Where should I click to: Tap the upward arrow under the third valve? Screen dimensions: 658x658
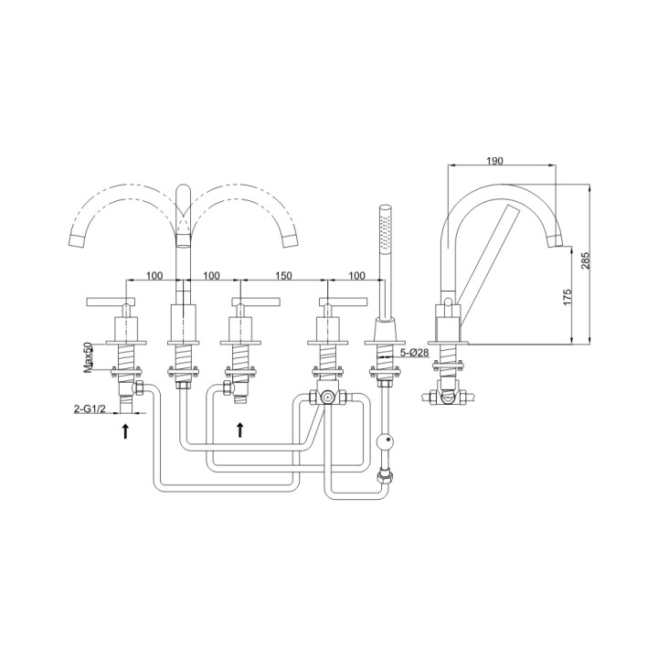pos(240,429)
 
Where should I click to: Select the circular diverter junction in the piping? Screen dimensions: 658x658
pos(325,398)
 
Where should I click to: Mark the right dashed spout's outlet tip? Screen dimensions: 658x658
pos(292,240)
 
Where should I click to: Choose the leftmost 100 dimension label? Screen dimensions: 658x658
pos(154,275)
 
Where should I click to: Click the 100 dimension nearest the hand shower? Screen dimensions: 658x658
pos(356,275)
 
